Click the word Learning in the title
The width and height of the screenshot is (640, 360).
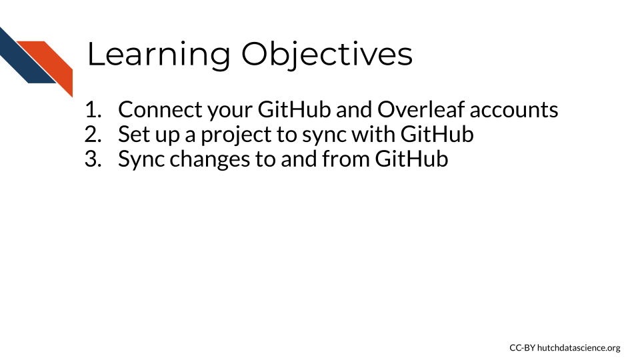click(x=159, y=54)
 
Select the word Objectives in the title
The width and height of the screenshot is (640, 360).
click(x=327, y=54)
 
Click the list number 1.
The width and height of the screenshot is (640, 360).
click(x=93, y=110)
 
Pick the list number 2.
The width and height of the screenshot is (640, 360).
click(x=93, y=134)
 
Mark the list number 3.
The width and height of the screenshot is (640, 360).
click(x=93, y=159)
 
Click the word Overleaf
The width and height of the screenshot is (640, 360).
click(x=421, y=110)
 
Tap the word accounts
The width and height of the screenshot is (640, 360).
click(x=514, y=110)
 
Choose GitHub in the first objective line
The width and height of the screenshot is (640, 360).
click(x=294, y=110)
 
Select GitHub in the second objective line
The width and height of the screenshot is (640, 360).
click(x=437, y=134)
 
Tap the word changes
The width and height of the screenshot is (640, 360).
click(x=210, y=159)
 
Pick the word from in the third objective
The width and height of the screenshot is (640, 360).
click(x=346, y=159)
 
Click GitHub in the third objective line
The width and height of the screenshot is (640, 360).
click(x=411, y=159)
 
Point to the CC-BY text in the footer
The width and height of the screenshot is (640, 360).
click(x=522, y=348)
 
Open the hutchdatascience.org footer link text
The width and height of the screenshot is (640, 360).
click(x=579, y=348)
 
